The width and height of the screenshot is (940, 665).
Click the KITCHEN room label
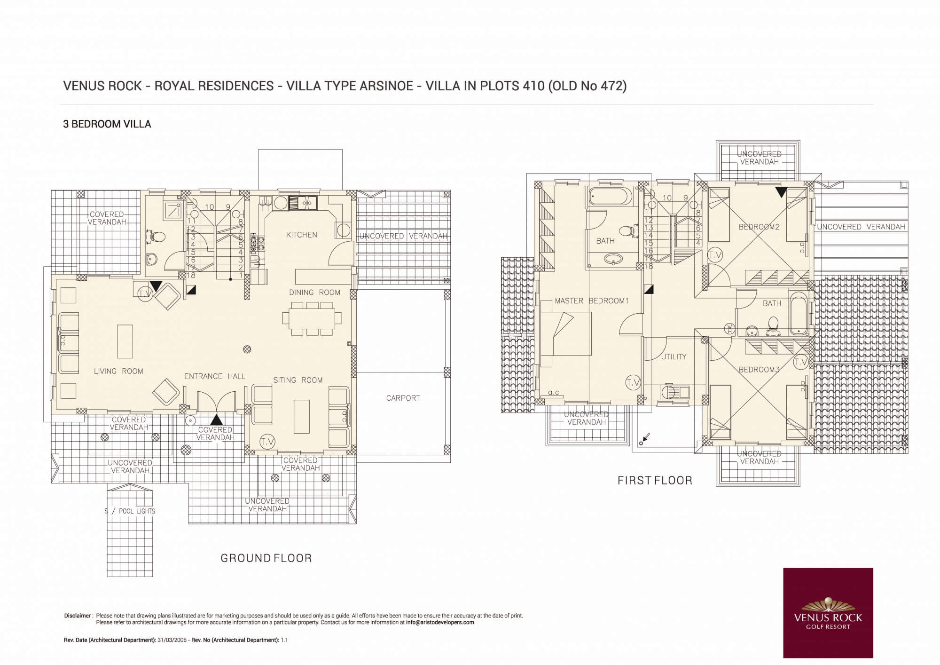(302, 235)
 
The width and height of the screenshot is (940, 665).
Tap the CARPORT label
(403, 398)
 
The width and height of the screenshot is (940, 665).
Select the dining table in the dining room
(309, 318)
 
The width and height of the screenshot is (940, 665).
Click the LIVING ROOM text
(118, 371)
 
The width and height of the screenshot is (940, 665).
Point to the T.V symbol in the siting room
(267, 441)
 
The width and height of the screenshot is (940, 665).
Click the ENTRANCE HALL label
(215, 376)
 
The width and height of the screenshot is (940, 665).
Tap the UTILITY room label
(674, 356)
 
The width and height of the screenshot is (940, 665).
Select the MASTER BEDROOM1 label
(591, 301)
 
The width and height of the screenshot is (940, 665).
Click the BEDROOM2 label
(759, 227)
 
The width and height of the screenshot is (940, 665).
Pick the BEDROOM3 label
(759, 369)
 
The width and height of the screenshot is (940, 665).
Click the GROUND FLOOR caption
(266, 558)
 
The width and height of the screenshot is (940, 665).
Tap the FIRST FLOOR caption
(655, 480)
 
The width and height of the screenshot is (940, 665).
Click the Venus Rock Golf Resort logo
(828, 613)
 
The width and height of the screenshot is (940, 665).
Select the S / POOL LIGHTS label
(130, 511)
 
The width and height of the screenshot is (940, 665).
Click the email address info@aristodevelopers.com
(440, 622)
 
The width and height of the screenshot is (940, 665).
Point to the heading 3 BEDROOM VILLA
(107, 124)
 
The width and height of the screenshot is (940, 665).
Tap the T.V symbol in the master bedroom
(633, 383)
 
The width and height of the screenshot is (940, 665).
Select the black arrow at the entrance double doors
(216, 420)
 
